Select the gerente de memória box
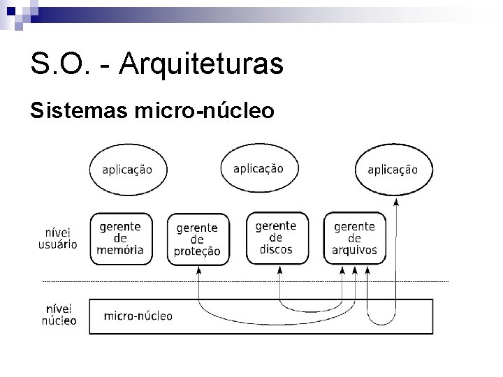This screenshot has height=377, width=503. click(121, 238)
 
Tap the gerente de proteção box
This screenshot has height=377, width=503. click(198, 239)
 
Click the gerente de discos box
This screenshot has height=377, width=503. click(276, 237)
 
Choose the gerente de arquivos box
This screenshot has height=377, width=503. click(354, 238)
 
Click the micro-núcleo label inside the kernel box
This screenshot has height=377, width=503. click(138, 316)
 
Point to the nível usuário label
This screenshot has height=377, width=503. click(57, 237)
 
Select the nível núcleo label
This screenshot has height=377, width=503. click(59, 314)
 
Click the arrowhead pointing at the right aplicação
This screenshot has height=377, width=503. click(396, 201)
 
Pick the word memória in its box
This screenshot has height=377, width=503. click(122, 249)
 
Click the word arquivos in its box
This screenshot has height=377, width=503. click(355, 249)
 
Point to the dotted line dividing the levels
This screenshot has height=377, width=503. click(245, 281)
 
